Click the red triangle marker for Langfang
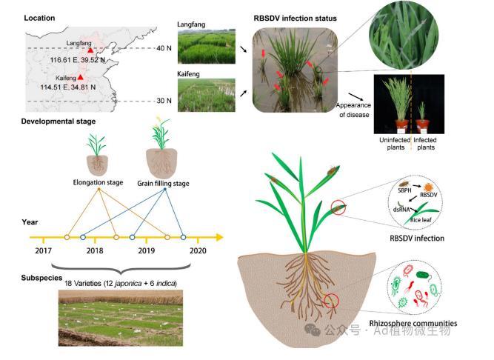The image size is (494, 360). (90, 49)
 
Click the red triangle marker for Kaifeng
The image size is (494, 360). (81, 76)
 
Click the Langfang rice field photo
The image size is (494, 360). (207, 47)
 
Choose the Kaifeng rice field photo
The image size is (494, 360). (207, 98)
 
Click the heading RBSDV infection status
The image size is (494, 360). (296, 18)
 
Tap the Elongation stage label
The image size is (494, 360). (99, 181)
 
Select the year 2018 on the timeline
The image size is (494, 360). (95, 251)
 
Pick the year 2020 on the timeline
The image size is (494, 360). (198, 251)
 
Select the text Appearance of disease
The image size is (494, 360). (356, 109)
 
